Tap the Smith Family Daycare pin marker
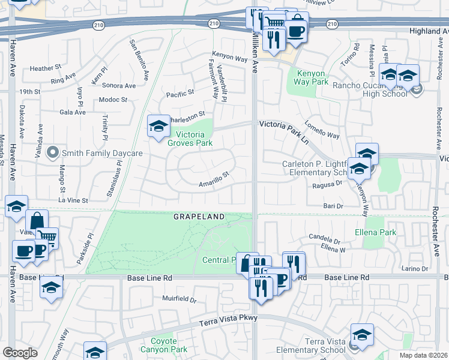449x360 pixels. click(53, 153)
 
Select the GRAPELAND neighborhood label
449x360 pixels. click(199, 216)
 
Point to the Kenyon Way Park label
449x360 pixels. click(312, 77)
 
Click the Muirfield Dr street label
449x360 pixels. click(179, 298)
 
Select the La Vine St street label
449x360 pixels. click(73, 200)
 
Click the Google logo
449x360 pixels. click(20, 352)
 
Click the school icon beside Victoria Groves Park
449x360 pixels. click(158, 126)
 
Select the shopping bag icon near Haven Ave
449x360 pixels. click(37, 220)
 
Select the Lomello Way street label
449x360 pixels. click(322, 130)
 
